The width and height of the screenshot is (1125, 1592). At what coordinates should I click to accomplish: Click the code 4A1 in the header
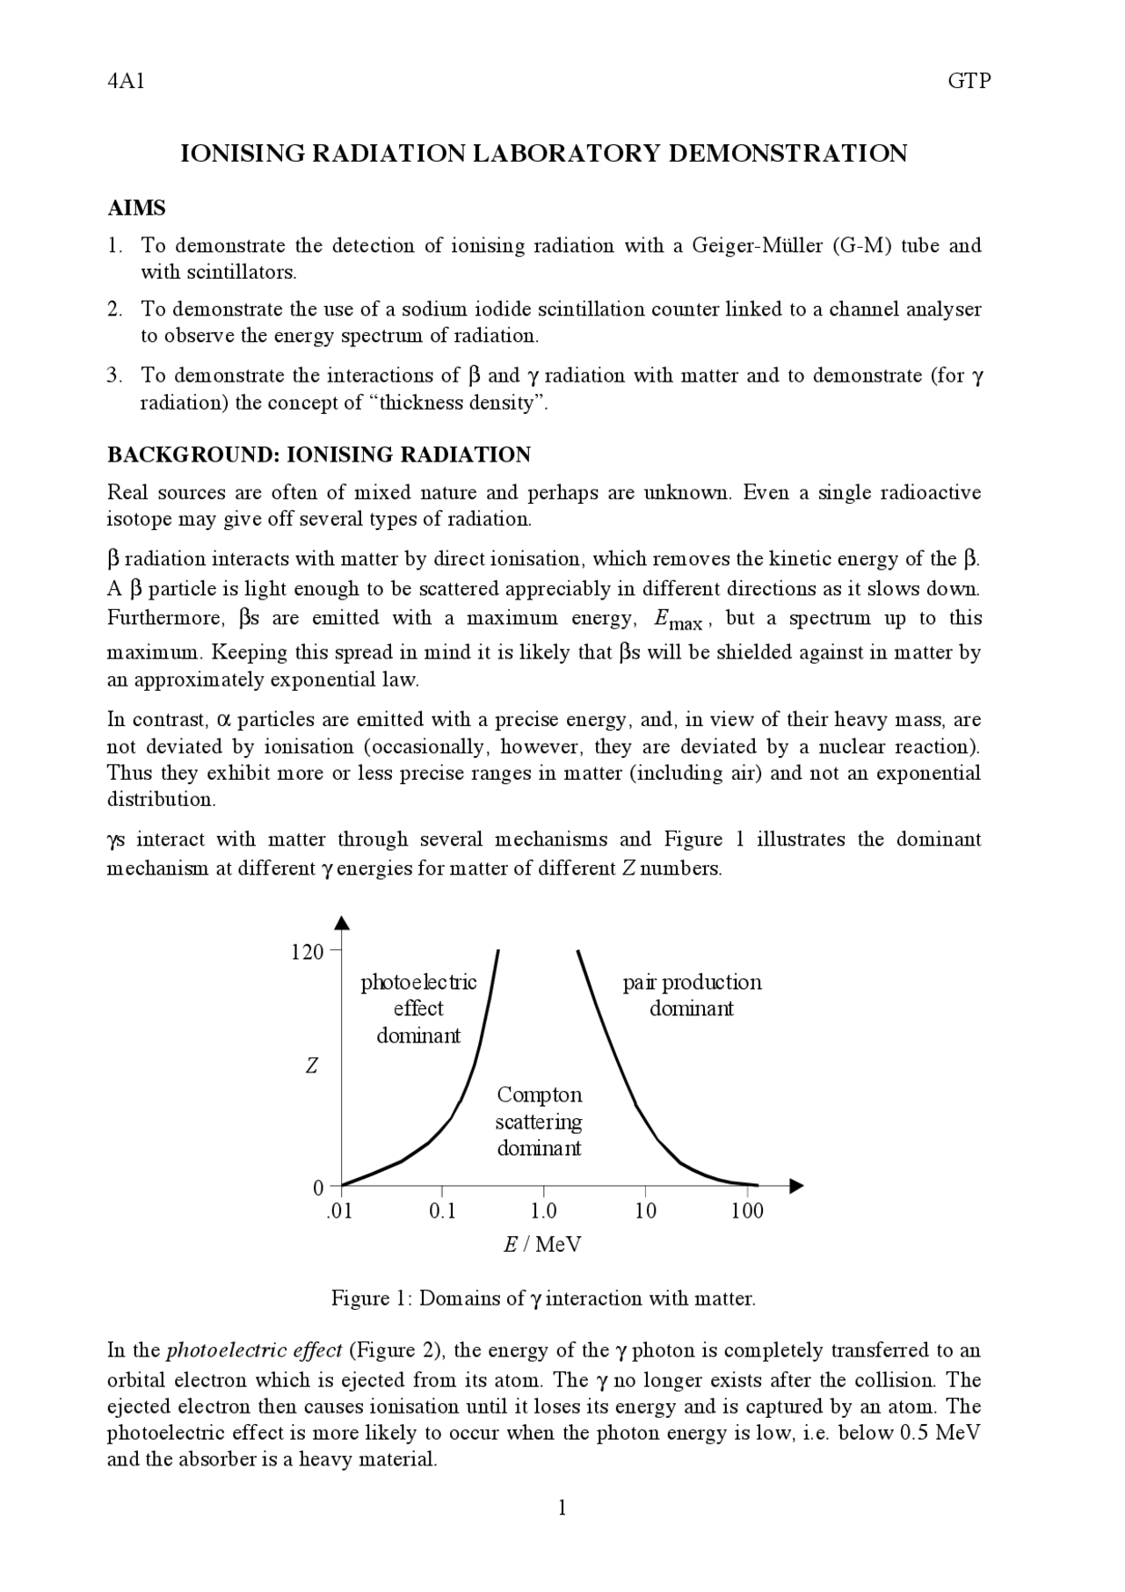[125, 82]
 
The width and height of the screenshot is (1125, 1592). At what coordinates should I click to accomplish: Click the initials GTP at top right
[969, 82]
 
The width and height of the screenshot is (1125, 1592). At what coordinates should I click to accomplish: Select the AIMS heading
[136, 208]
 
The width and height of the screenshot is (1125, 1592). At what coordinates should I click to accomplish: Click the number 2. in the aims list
[114, 309]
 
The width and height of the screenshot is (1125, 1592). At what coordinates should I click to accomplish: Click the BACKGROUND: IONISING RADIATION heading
[318, 454]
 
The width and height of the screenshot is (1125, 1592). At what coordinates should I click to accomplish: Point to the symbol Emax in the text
[678, 621]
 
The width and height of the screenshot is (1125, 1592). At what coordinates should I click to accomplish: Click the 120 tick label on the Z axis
[307, 952]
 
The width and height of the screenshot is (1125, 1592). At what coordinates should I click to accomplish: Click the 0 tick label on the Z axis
[318, 1188]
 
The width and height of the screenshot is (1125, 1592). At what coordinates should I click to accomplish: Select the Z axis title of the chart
[311, 1066]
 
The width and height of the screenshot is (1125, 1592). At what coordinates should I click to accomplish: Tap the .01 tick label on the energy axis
[338, 1211]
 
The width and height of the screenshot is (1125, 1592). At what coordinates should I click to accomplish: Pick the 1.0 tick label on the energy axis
[543, 1211]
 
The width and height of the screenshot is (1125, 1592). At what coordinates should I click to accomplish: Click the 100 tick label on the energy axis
[747, 1211]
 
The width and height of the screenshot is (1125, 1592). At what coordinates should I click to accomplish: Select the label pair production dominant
[692, 995]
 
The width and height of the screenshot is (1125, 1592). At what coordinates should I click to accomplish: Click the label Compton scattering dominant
[539, 1122]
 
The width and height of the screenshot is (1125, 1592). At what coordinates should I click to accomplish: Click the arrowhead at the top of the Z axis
[342, 922]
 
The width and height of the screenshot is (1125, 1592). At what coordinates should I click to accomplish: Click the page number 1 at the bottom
[562, 1508]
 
